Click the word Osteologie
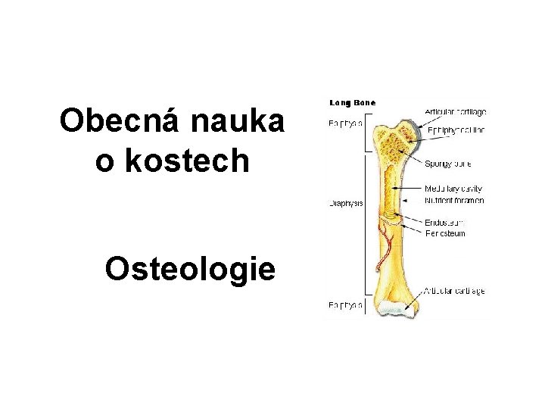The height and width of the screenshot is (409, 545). point(190,268)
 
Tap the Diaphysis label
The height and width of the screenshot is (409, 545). point(345,203)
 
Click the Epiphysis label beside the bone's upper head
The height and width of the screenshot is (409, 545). point(345,123)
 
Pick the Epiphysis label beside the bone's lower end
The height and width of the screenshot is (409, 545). point(345,305)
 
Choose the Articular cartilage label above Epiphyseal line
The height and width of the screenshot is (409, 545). point(455,112)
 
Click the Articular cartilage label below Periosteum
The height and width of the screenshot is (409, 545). point(454,291)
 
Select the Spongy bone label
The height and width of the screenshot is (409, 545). point(449,162)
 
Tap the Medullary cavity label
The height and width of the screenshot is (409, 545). point(453,188)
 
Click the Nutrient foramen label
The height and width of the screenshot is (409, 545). point(454,200)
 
